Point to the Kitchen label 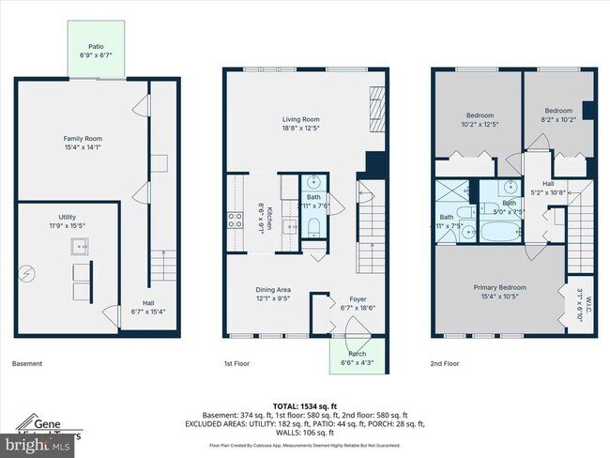tap(268, 219)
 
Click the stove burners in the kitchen tap(233, 221)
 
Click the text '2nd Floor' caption tap(445, 363)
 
